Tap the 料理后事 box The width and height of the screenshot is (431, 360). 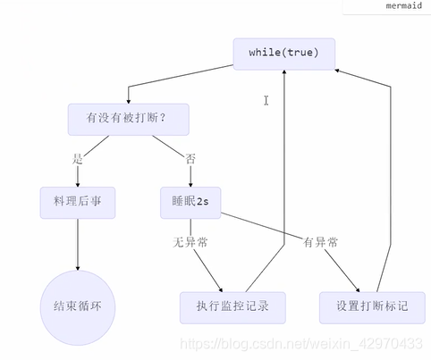coord(77,203)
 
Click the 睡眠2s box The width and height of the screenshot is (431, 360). coord(190,203)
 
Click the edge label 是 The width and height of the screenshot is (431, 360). coord(78,159)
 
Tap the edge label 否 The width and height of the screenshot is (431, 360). coord(190,159)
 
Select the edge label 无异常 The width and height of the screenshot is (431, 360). coord(190,241)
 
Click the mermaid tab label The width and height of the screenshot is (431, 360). coord(404,6)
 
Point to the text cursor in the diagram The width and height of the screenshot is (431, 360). coord(266,101)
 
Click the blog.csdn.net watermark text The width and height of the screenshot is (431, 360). coord(301,342)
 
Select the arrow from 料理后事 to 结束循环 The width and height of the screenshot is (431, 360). coord(77,241)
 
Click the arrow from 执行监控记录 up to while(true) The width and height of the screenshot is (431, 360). coord(284,179)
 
